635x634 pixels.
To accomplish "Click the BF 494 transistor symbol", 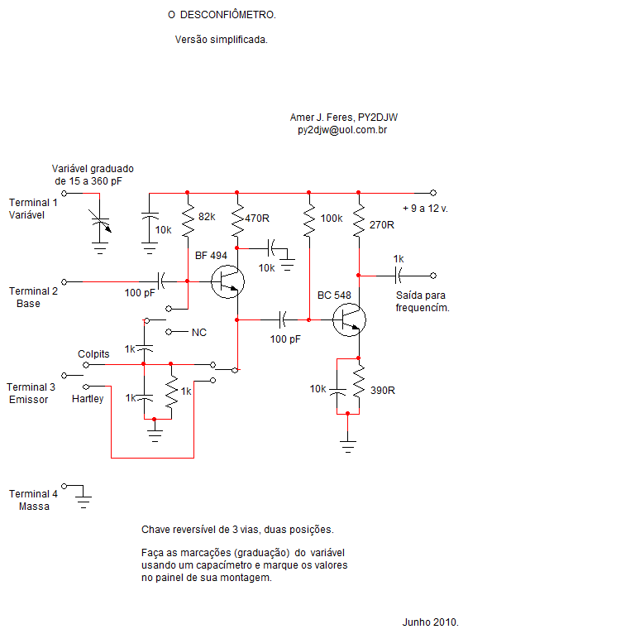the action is (x=227, y=281).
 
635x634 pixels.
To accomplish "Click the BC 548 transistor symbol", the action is (x=349, y=319).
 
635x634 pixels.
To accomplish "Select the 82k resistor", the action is (x=188, y=220).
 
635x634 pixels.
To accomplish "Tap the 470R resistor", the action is (x=237, y=220).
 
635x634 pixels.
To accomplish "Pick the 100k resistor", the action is (x=309, y=220).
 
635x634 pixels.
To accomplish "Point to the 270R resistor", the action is (x=359, y=220).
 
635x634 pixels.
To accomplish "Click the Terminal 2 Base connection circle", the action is (x=64, y=281).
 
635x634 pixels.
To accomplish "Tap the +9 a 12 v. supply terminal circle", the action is (x=433, y=193).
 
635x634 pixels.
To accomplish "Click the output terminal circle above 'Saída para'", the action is (x=433, y=276).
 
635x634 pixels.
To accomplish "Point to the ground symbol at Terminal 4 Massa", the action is (x=84, y=501).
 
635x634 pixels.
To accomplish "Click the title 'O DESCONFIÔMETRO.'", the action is (x=222, y=15).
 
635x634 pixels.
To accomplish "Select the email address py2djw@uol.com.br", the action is (x=342, y=130).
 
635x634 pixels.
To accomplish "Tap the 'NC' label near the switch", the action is (x=198, y=333).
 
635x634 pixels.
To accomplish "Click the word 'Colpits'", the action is (x=93, y=354).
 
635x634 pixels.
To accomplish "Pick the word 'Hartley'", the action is (x=88, y=399).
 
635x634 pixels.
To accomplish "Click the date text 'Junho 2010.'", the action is (x=431, y=622).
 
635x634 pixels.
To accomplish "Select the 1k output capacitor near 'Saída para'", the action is (x=398, y=276).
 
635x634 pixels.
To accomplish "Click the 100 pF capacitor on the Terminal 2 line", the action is (x=161, y=281).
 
